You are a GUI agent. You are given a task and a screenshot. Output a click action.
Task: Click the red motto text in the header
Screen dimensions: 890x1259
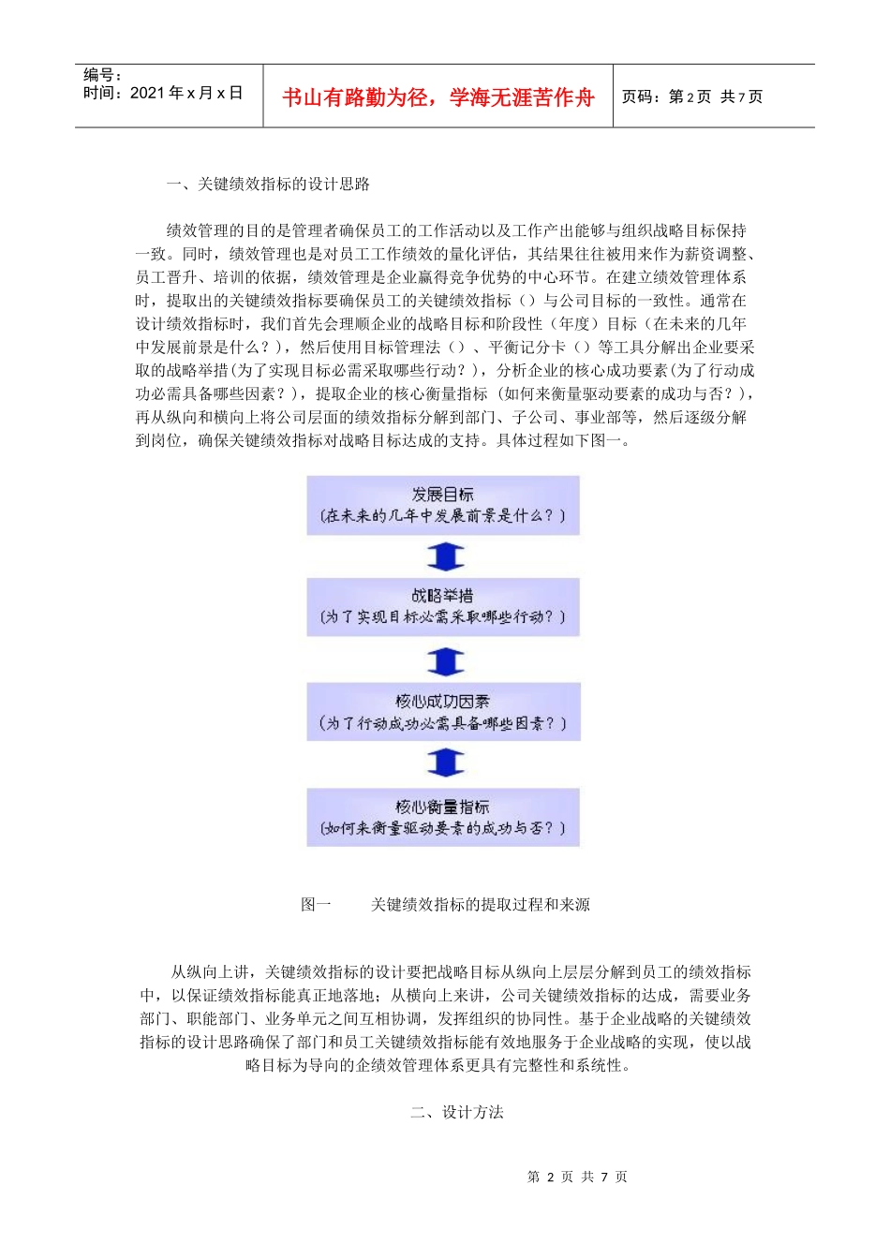438,97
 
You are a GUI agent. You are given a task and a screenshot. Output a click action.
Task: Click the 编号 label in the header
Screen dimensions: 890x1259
102,75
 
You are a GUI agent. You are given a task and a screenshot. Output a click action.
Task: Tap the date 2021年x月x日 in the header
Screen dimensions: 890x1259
186,93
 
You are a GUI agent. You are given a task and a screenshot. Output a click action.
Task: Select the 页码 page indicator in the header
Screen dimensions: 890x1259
692,96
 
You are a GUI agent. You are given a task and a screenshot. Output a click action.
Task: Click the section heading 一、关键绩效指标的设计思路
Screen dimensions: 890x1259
268,185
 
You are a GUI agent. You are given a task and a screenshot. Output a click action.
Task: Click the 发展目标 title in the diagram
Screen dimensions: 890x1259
443,495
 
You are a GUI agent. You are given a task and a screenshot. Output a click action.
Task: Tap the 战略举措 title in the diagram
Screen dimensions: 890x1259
443,596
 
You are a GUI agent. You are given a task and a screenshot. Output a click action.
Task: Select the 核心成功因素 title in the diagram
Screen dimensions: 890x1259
443,701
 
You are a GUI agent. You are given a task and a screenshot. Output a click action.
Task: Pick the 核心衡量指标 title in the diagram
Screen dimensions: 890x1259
443,807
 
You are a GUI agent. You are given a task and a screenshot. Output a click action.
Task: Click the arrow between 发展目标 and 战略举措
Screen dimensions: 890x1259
445,557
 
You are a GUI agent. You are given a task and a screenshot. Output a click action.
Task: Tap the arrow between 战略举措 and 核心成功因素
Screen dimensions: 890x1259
445,661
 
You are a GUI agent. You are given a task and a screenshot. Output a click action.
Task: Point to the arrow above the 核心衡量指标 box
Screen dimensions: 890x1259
445,763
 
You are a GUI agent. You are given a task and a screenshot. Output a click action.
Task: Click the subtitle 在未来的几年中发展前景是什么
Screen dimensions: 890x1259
443,516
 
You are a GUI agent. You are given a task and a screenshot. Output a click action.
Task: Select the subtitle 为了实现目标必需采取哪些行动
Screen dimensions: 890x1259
443,617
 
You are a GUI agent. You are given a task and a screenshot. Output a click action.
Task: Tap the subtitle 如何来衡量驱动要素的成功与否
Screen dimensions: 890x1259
443,828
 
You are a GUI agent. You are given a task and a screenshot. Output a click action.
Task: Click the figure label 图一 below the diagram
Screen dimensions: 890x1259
316,905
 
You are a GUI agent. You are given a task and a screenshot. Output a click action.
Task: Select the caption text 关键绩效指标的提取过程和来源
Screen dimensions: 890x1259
480,905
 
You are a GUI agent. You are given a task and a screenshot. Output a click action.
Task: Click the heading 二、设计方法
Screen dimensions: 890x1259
457,1113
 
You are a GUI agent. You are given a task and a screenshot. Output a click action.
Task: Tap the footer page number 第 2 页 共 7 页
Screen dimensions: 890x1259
577,1177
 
